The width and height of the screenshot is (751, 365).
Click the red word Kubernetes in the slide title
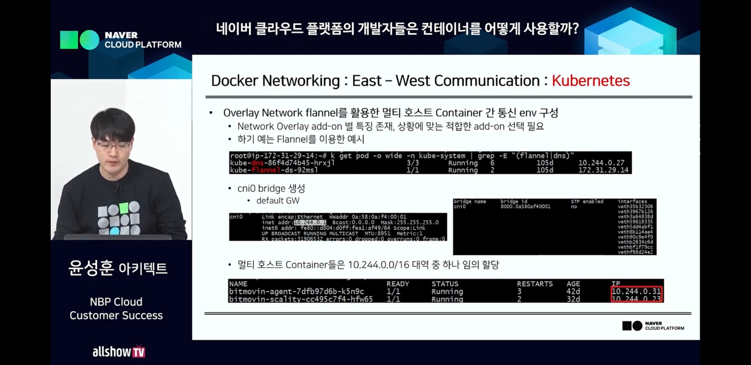[591, 81]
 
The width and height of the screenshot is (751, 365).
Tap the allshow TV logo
[119, 352]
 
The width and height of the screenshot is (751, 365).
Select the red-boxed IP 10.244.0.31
[636, 291]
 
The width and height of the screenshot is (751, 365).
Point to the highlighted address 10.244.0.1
[310, 222]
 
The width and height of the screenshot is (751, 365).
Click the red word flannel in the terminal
[266, 170]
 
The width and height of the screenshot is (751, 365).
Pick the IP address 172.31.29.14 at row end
[603, 170]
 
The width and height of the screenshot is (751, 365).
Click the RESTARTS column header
[534, 284]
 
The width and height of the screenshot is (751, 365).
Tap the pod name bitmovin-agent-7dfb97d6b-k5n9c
[296, 291]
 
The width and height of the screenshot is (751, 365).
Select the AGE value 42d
[573, 291]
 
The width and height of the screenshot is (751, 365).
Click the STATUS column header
[445, 284]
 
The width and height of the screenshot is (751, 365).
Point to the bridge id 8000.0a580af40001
[525, 206]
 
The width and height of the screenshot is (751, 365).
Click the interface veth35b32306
[635, 206]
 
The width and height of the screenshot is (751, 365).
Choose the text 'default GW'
[278, 201]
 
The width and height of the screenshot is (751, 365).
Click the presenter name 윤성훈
[91, 268]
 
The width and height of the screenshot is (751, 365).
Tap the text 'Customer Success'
[116, 315]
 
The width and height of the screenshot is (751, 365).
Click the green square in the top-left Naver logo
[69, 40]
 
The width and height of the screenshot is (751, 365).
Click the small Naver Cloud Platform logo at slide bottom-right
[653, 326]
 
